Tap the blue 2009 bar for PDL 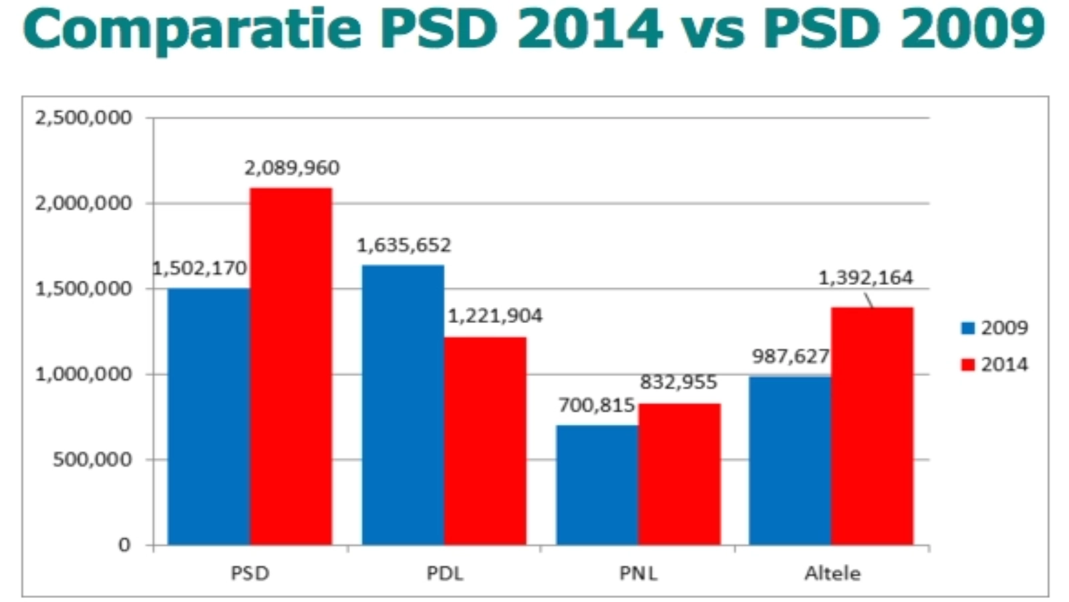[x=403, y=405]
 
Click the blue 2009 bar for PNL [x=597, y=484]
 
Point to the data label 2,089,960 [x=292, y=168]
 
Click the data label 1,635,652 [x=404, y=245]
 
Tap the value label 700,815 [x=596, y=405]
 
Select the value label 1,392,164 [x=865, y=278]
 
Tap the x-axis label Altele [x=832, y=573]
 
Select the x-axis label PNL [x=638, y=573]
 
